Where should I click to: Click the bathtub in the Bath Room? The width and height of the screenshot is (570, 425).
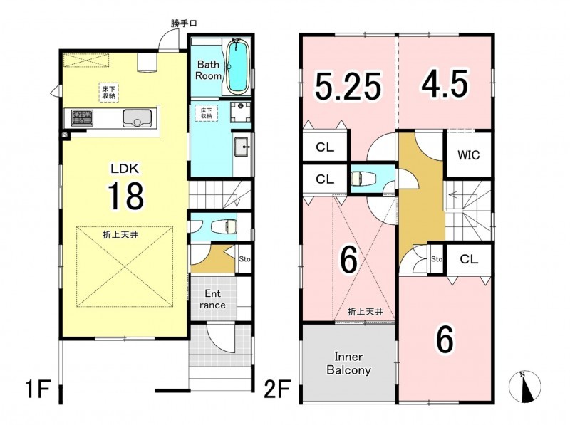pyautogui.click(x=237, y=66)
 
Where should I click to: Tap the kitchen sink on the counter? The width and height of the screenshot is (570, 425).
pyautogui.click(x=137, y=117)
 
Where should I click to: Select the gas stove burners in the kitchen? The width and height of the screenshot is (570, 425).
pyautogui.click(x=82, y=117)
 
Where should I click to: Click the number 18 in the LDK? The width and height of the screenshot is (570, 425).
pyautogui.click(x=125, y=196)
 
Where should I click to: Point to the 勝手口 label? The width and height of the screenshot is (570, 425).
pyautogui.click(x=184, y=23)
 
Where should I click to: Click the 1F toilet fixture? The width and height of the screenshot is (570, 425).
pyautogui.click(x=224, y=226)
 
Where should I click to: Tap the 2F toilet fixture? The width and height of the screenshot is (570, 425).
pyautogui.click(x=359, y=179)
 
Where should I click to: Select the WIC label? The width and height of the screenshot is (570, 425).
pyautogui.click(x=469, y=155)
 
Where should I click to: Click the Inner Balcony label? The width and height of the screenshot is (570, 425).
pyautogui.click(x=348, y=363)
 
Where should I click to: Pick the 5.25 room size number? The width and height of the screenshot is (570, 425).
pyautogui.click(x=348, y=86)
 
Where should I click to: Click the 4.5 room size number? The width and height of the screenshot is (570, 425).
pyautogui.click(x=445, y=84)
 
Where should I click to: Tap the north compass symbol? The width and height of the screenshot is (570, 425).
pyautogui.click(x=525, y=387)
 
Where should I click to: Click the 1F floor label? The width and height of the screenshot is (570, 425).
pyautogui.click(x=38, y=389)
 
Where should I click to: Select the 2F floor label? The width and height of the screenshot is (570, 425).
pyautogui.click(x=277, y=389)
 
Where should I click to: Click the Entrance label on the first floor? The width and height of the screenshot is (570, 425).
pyautogui.click(x=212, y=299)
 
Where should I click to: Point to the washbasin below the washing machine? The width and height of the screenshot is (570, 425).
pyautogui.click(x=241, y=147)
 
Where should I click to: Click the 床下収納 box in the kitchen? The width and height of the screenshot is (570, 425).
pyautogui.click(x=108, y=93)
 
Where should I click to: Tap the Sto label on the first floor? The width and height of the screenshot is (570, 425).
pyautogui.click(x=244, y=259)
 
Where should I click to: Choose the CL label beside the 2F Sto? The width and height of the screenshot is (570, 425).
pyautogui.click(x=469, y=259)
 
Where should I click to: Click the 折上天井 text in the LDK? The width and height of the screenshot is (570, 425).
pyautogui.click(x=120, y=235)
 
